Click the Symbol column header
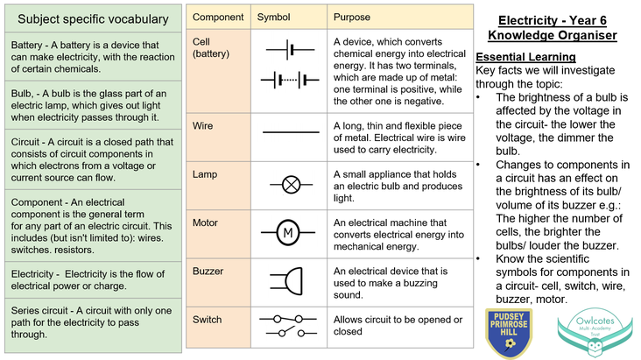272,18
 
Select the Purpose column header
352,18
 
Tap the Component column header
218,18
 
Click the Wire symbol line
291,131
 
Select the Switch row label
207,320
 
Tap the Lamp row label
205,174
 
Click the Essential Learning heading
525,57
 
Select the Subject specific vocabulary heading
93,18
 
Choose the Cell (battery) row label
207,47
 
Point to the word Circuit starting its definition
28,142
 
